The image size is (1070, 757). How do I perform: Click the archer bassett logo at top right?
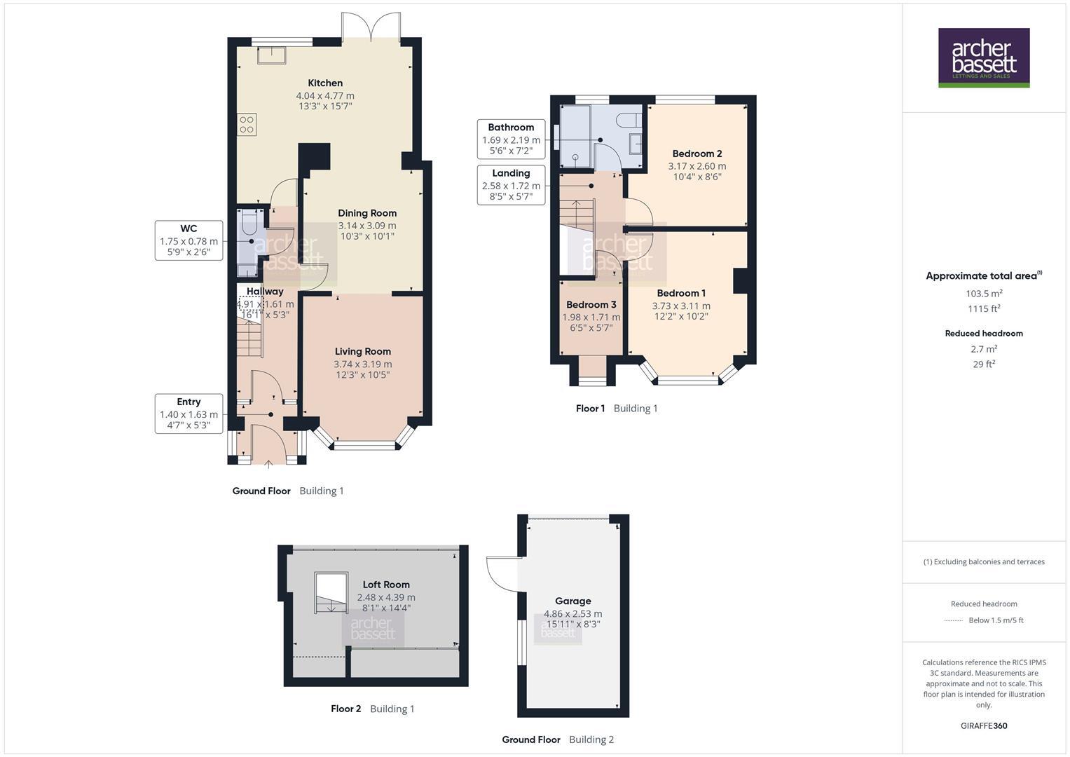tap(983, 57)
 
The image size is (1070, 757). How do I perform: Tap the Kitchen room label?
tap(325, 83)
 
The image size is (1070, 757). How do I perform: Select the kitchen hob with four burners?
tap(247, 125)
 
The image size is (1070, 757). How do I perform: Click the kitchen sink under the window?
tap(271, 55)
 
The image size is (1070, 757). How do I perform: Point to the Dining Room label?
tap(367, 213)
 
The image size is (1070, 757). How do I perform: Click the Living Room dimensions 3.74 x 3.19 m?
tap(362, 364)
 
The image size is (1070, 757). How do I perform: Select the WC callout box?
tap(188, 240)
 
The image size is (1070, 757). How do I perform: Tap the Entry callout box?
tap(188, 414)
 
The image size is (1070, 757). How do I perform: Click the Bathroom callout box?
tap(511, 139)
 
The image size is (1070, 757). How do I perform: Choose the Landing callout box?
tap(511, 185)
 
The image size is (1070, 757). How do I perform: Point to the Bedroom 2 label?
tap(697, 154)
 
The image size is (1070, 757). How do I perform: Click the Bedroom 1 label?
tap(681, 293)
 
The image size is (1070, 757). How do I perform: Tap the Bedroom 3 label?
tap(591, 305)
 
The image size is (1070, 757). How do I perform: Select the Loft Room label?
tap(386, 585)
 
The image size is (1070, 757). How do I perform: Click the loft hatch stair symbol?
tap(331, 593)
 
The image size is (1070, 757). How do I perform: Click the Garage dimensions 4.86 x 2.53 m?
tap(572, 613)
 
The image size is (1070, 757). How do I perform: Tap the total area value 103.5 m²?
tap(983, 294)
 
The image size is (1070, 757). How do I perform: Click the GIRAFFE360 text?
tap(983, 725)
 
